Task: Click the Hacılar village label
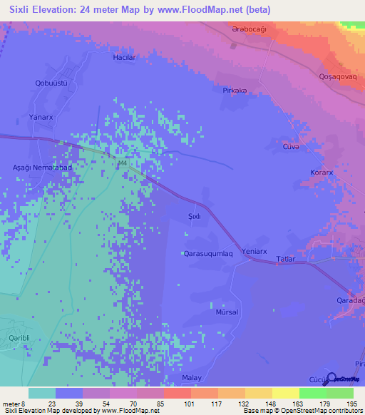click(x=123, y=56)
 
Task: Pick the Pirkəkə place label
click(x=235, y=91)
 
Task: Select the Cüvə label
click(x=290, y=146)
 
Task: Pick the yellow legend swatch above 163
click(x=285, y=393)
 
